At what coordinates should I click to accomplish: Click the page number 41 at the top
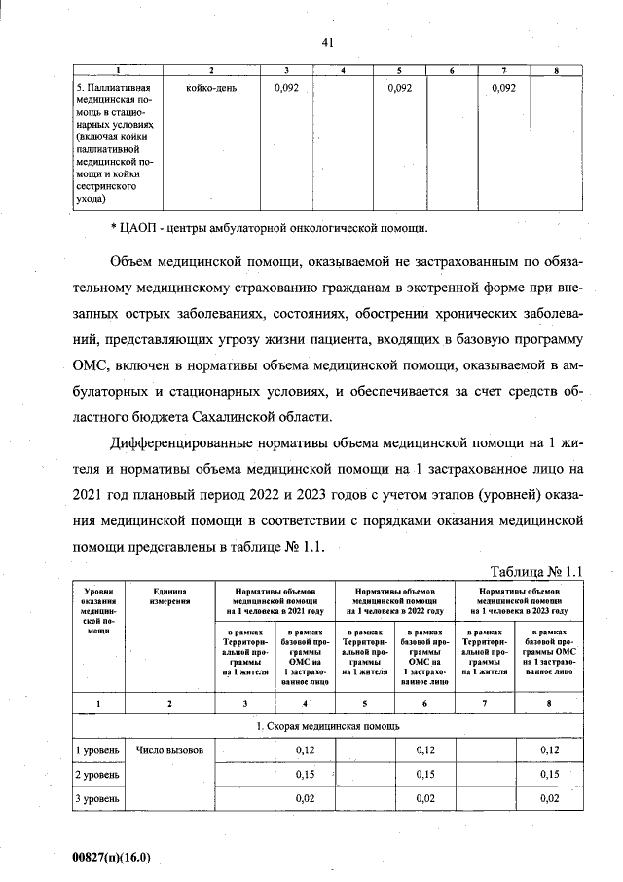327,42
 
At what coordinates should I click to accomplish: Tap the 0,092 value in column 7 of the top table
503,89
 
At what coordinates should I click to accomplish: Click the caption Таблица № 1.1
535,571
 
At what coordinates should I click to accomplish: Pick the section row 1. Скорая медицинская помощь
327,726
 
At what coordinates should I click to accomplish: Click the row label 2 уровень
97,774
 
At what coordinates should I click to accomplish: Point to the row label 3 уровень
97,798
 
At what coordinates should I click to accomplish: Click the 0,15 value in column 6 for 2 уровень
425,774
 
